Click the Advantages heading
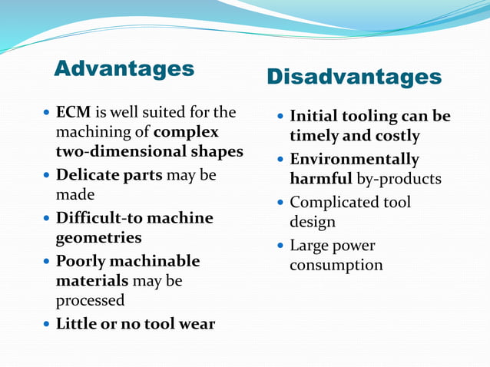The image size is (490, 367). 124,68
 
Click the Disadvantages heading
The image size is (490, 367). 354,77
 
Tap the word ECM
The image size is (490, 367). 72,113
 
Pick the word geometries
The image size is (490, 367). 98,237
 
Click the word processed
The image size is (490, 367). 90,300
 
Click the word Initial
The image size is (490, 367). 316,117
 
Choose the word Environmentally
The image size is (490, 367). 354,159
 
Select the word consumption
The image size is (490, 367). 336,265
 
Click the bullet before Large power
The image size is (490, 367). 280,246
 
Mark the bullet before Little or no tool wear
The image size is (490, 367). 48,323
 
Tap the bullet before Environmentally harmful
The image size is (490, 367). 280,159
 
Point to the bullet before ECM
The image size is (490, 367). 48,113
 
